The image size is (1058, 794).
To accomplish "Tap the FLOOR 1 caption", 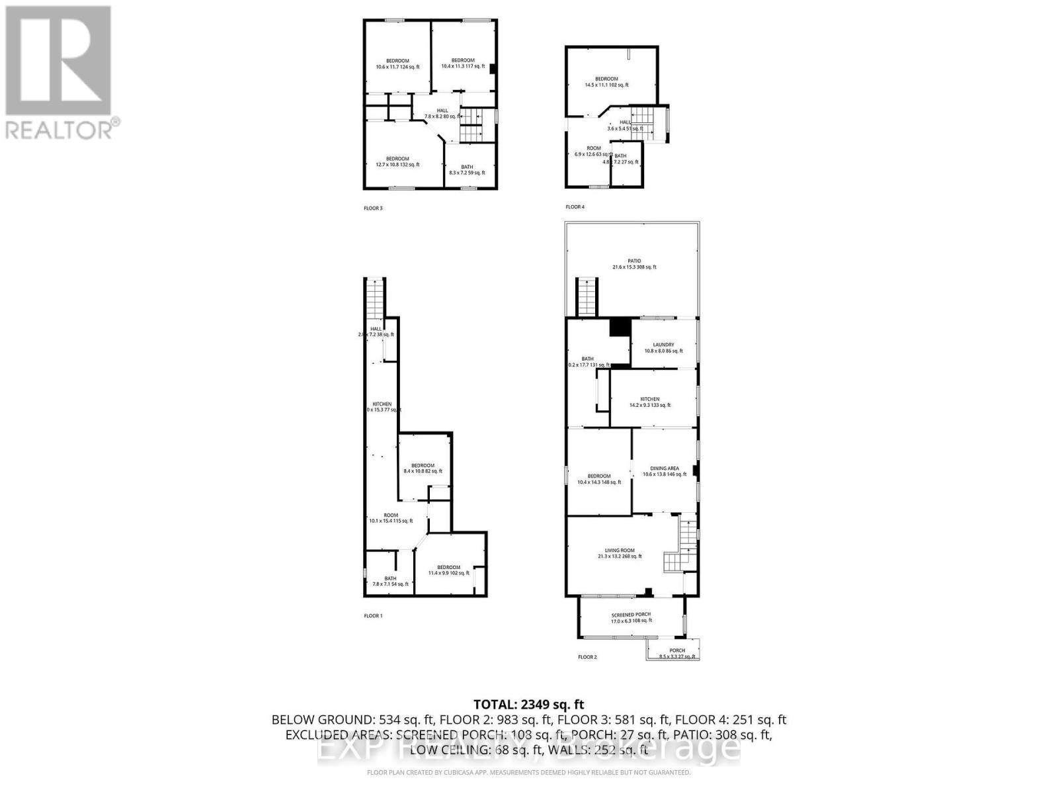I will (x=373, y=616).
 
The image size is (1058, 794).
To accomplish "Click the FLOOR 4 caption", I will (x=575, y=207).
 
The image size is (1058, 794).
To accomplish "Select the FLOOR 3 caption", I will (x=373, y=208).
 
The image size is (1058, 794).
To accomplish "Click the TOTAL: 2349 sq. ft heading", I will (x=529, y=705).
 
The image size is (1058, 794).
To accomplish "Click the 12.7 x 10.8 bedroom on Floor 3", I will (x=397, y=161).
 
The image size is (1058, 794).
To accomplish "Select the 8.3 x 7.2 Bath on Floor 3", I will (x=467, y=169).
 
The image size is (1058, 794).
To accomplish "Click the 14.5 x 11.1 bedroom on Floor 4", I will (x=606, y=81).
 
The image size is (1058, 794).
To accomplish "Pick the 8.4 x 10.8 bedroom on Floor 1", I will (x=423, y=468).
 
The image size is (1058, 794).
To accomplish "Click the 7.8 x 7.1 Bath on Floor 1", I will (x=390, y=581).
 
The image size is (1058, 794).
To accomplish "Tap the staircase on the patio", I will (x=587, y=297).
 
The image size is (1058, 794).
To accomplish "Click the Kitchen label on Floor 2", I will (x=649, y=402).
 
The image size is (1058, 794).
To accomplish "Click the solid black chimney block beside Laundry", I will (x=620, y=328).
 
